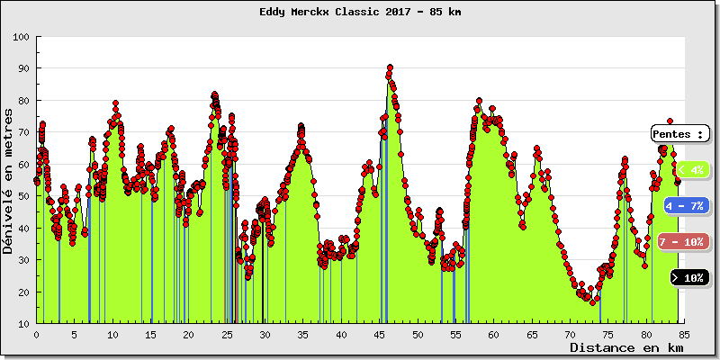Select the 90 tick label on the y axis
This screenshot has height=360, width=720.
pos(22,68)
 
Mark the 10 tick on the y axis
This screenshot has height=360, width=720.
pos(22,324)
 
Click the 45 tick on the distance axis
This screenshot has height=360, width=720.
pos(380,334)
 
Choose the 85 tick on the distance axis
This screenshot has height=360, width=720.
pos(685,334)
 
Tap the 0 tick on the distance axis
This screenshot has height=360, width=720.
pos(37,334)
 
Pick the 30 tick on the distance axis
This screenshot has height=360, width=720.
pos(265,334)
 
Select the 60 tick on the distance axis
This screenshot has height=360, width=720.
pos(494,334)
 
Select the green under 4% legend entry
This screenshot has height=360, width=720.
pos(690,169)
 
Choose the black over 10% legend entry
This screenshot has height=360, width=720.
pos(690,277)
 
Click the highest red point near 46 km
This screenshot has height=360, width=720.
pos(390,67)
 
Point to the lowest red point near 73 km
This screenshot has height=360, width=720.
pos(593,302)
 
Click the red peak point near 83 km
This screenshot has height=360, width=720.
pos(670,121)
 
